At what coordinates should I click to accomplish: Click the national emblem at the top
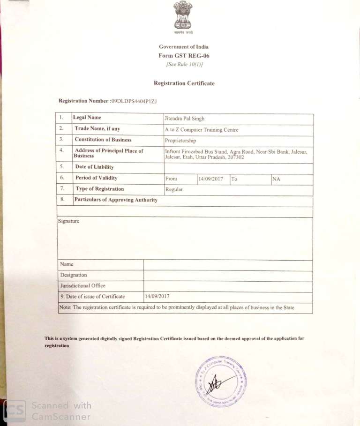pos(183,16)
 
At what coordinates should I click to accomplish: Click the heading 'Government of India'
pos(184,47)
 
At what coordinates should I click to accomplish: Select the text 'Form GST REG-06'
pos(184,56)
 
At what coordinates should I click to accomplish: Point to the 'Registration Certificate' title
pos(184,83)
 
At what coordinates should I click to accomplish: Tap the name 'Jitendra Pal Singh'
pos(184,119)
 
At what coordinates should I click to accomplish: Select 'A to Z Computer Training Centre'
pos(201,130)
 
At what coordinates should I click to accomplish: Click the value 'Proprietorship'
pos(180,141)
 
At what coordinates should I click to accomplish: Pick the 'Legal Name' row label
pos(87,118)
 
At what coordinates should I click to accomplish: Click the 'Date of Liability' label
pos(94,167)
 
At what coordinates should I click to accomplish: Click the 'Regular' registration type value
pos(174,190)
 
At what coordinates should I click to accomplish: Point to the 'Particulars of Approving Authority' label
pos(116,200)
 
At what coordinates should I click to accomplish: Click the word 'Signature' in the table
pos(69,221)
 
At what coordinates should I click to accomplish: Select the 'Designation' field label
pos(74,275)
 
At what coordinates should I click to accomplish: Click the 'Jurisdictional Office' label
pos(82,286)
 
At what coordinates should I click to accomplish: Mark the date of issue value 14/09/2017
pos(157,296)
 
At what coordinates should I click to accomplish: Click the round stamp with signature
pos(221,381)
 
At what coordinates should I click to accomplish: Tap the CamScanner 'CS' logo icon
pos(15,410)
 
